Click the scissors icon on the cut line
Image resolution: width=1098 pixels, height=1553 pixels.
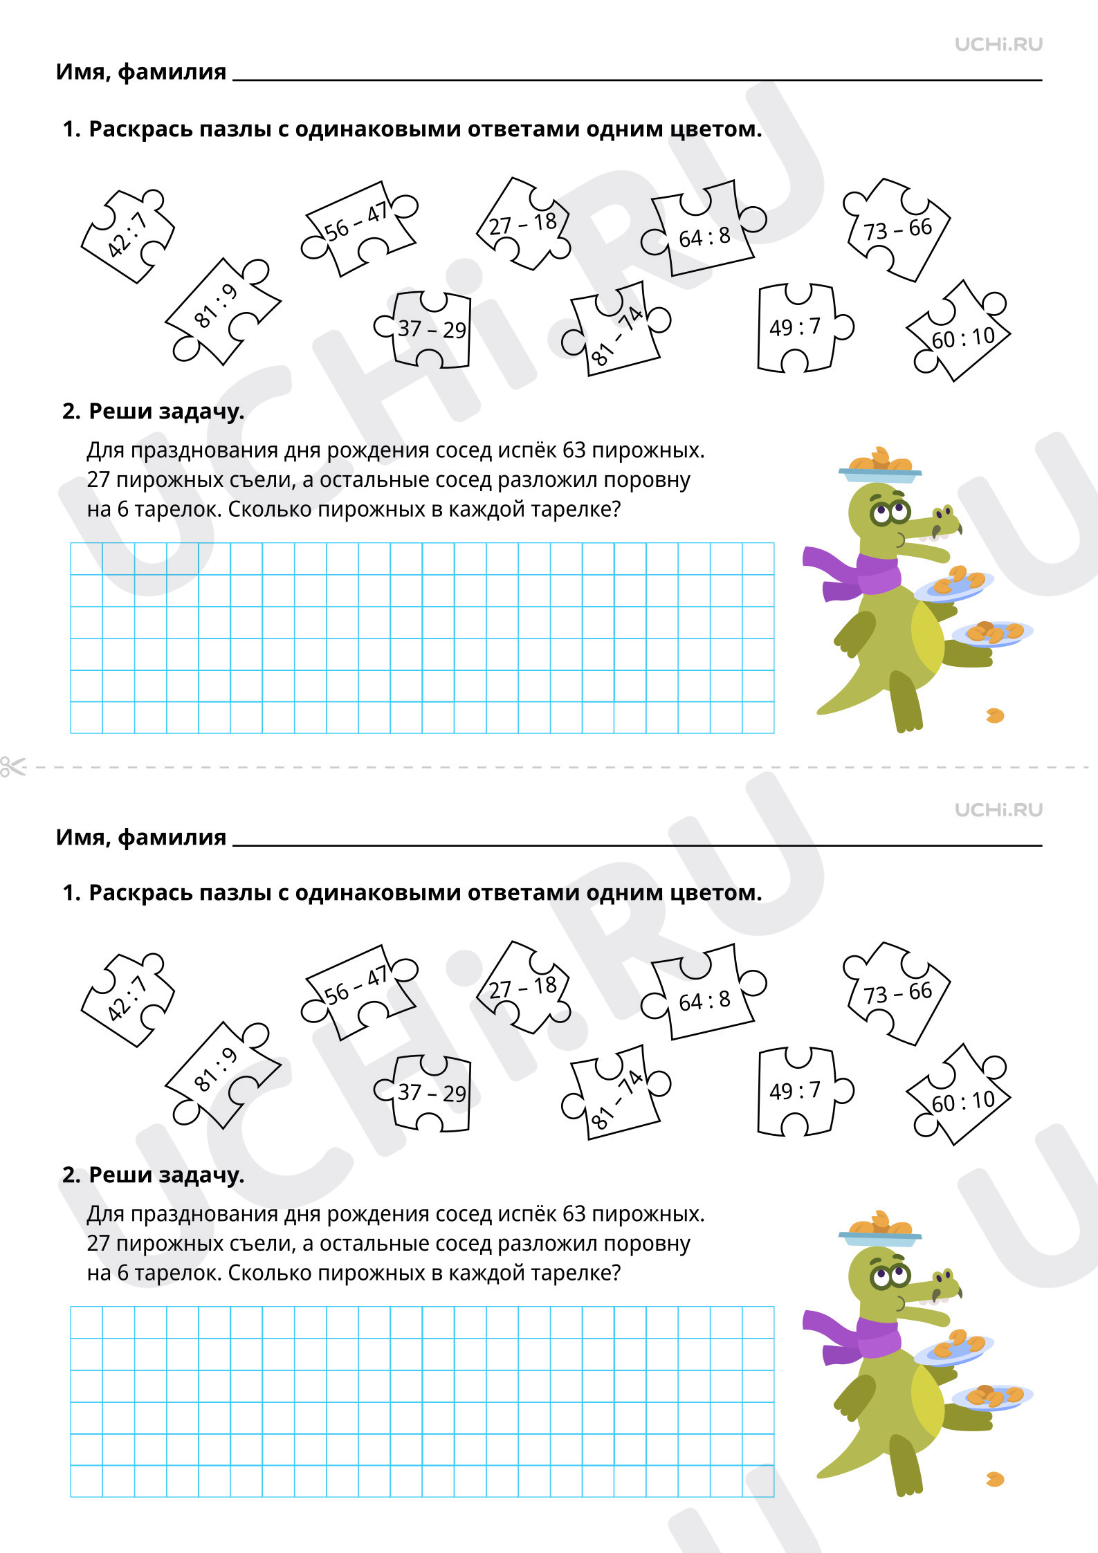point(12,766)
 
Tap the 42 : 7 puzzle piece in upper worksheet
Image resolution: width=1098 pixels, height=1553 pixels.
point(128,236)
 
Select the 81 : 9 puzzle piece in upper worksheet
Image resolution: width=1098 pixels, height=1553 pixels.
point(222,311)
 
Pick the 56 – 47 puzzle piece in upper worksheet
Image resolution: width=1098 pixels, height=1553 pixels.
point(359,228)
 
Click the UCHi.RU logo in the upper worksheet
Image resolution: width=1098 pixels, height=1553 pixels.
point(998,45)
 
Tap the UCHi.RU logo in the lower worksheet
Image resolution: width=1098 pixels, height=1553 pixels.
point(998,810)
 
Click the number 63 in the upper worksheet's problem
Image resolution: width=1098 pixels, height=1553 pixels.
point(574,450)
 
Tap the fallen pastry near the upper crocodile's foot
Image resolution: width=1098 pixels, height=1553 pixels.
point(995,715)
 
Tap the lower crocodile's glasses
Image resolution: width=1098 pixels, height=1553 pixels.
point(890,1274)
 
